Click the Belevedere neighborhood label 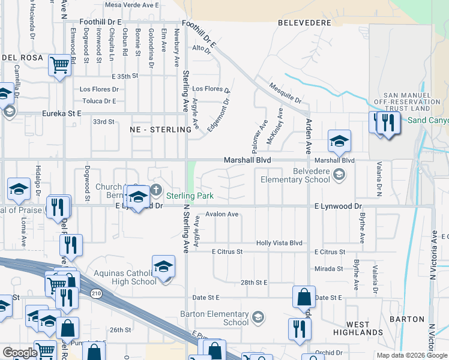coord(304,22)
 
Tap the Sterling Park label coord(190,196)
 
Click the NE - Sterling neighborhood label coord(155,129)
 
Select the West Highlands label coord(358,328)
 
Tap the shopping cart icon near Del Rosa coord(59,64)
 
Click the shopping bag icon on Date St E coord(304,297)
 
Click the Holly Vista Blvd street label coord(279,242)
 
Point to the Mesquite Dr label coord(285,93)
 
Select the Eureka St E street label coord(61,113)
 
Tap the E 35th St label coord(125,76)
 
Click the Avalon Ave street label coord(222,214)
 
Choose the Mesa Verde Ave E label coord(131,4)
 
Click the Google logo coord(19,353)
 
